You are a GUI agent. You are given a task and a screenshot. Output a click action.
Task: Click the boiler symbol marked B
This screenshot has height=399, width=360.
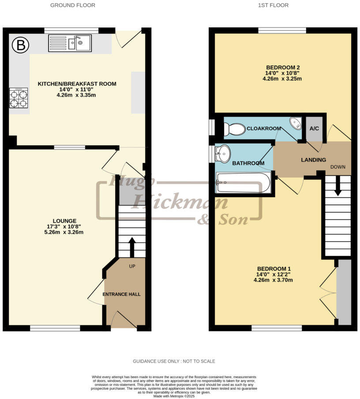[x=19, y=45]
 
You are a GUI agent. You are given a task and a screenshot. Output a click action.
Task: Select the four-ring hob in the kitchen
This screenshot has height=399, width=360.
[x=19, y=98]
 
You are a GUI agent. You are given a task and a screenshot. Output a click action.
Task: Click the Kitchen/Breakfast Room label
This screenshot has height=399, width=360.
[x=77, y=84]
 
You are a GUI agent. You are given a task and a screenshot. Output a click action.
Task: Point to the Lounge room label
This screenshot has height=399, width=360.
[x=64, y=221]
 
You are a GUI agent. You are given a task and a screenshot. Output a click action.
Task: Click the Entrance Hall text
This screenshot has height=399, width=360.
[x=121, y=294]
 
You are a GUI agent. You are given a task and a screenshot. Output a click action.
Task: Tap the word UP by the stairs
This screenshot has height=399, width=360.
[x=132, y=267]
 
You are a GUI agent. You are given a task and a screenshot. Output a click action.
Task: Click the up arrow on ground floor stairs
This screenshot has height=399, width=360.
[x=131, y=247]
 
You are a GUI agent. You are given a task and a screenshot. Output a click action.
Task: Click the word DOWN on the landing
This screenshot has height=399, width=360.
[x=337, y=167]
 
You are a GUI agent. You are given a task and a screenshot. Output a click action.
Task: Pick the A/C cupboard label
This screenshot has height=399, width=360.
[x=314, y=128]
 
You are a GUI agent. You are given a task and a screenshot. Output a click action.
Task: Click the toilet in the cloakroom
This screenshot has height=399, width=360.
[x=234, y=129]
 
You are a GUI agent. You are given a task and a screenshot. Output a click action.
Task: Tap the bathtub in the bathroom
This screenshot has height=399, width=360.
[x=243, y=183]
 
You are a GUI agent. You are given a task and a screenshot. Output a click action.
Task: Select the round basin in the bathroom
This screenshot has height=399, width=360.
[x=223, y=154]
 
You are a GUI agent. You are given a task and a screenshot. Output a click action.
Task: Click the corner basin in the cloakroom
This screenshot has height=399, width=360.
[x=296, y=123]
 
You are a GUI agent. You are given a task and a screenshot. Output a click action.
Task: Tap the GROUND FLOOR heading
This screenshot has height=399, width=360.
[x=73, y=5]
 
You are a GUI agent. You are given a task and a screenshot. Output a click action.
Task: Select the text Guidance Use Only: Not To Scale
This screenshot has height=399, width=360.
[x=174, y=361]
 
